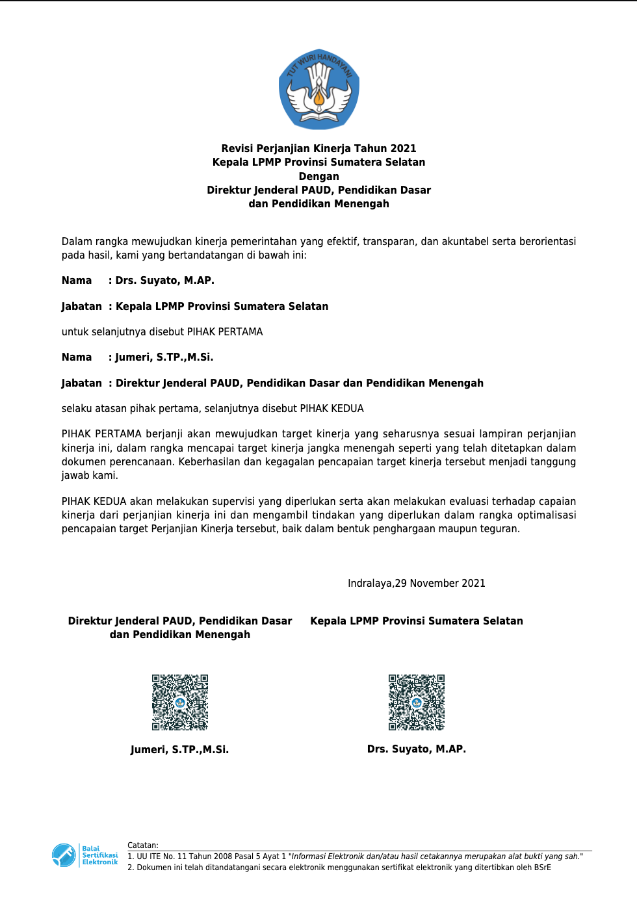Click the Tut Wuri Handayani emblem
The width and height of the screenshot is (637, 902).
pyautogui.click(x=319, y=89)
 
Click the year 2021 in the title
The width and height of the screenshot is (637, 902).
pyautogui.click(x=403, y=148)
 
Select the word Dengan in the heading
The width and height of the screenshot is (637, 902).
pyautogui.click(x=318, y=176)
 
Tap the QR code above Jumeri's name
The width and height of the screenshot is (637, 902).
pyautogui.click(x=180, y=702)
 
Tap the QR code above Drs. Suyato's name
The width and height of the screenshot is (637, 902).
pyautogui.click(x=417, y=702)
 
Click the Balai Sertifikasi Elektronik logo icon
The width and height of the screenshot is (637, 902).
pyautogui.click(x=64, y=855)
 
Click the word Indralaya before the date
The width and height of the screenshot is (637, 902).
pyautogui.click(x=370, y=583)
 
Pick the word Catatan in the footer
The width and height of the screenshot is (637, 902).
pyautogui.click(x=142, y=845)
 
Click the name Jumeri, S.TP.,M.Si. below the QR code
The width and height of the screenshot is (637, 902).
pyautogui.click(x=179, y=749)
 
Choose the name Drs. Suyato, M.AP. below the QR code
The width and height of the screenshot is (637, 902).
pyautogui.click(x=417, y=749)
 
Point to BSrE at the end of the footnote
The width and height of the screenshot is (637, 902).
pyautogui.click(x=542, y=868)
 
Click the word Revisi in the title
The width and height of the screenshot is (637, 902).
pyautogui.click(x=237, y=148)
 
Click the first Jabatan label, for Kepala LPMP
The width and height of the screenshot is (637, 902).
pyautogui.click(x=82, y=306)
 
